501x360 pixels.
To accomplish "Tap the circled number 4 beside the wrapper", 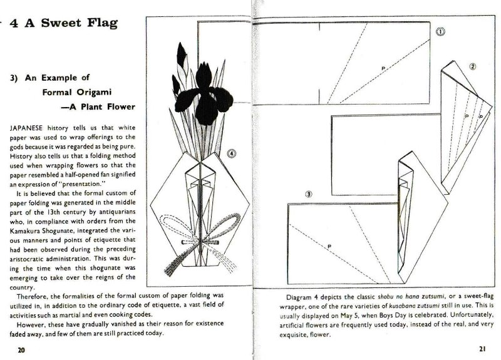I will [x=232, y=152].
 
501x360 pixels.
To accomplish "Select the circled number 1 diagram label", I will [x=441, y=31].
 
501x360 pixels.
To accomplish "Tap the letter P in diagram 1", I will [x=382, y=67].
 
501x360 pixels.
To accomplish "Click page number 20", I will [x=21, y=349].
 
